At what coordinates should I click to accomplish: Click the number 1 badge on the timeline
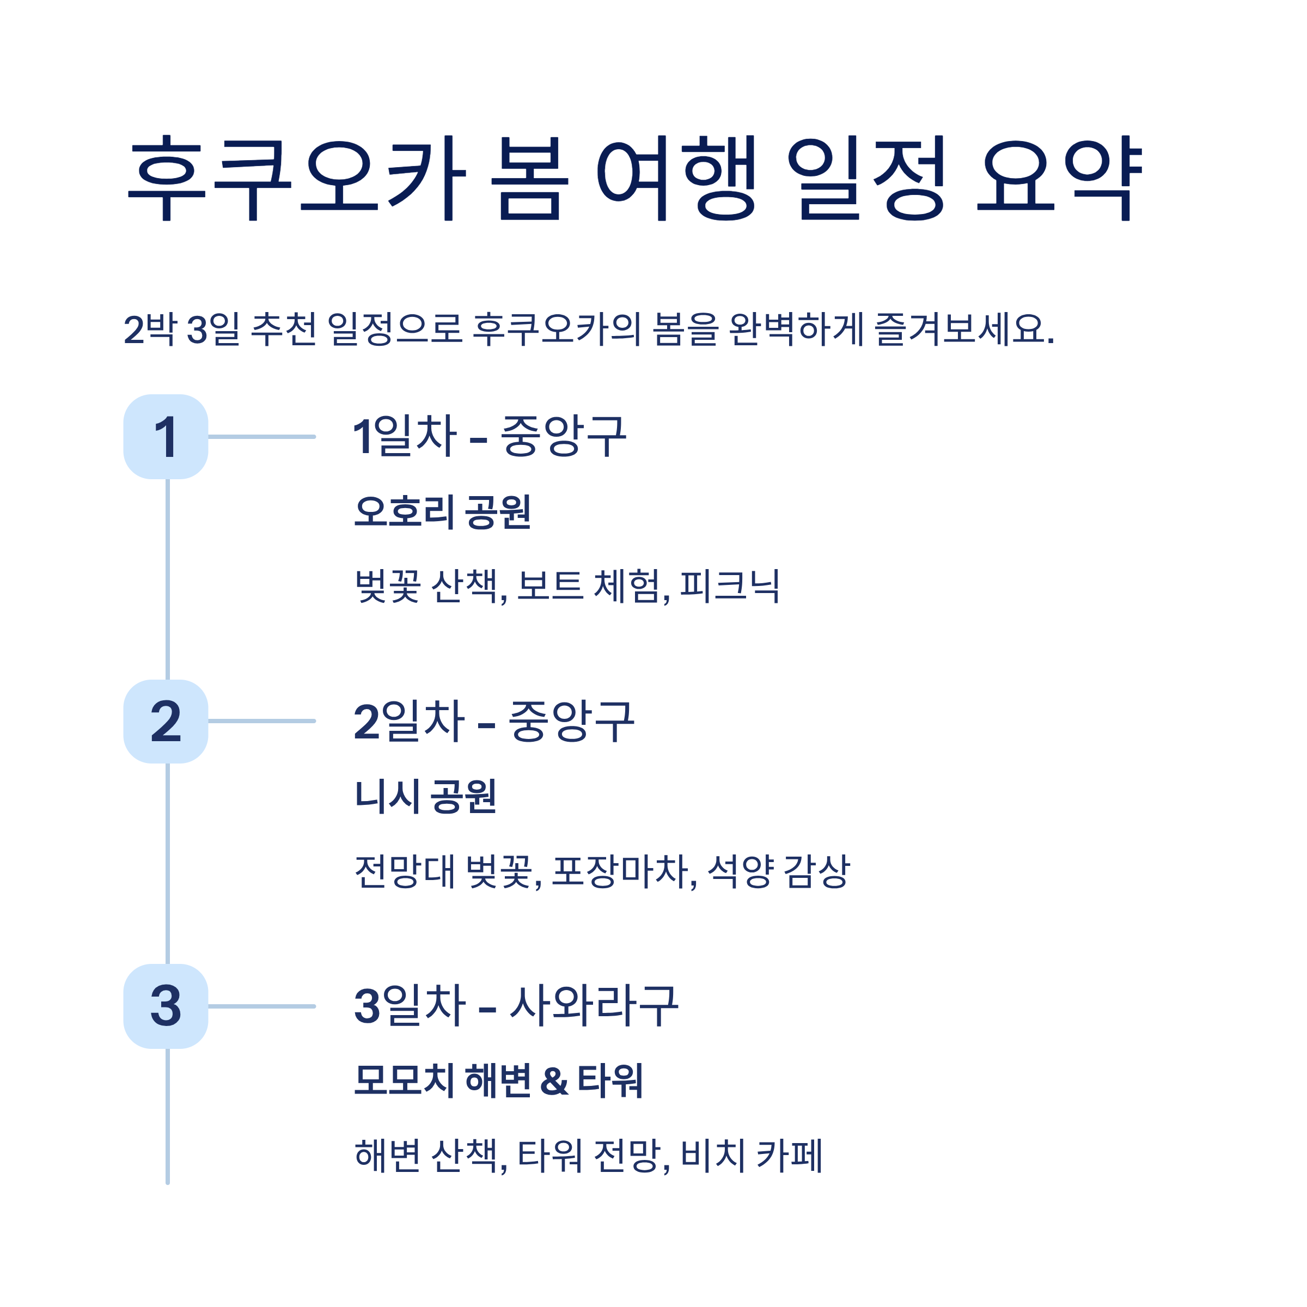[x=166, y=437]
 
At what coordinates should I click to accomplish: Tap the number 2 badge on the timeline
[x=166, y=721]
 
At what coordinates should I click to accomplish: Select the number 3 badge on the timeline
[x=166, y=1006]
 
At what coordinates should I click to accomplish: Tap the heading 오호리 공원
[x=442, y=511]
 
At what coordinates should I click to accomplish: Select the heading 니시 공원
[x=425, y=796]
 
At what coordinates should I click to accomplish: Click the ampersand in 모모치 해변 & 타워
[x=554, y=1080]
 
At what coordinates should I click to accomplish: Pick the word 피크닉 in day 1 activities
[x=729, y=586]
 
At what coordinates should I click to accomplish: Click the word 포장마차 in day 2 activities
[x=624, y=871]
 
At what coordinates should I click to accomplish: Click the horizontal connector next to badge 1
[x=262, y=437]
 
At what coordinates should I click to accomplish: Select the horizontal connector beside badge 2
[x=262, y=721]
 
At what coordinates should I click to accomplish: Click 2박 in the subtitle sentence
[x=150, y=329]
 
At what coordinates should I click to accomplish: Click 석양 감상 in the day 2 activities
[x=779, y=871]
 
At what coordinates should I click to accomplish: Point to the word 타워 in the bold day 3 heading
[x=609, y=1080]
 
